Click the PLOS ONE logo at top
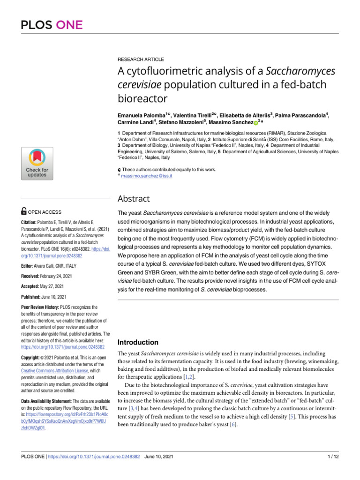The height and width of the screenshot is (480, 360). coord(52,24)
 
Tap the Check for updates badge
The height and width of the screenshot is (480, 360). coord(37,163)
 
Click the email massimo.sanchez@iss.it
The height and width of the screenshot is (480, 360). coord(147,176)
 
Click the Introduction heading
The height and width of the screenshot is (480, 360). coord(138,342)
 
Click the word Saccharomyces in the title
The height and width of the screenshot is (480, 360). coord(299,72)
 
